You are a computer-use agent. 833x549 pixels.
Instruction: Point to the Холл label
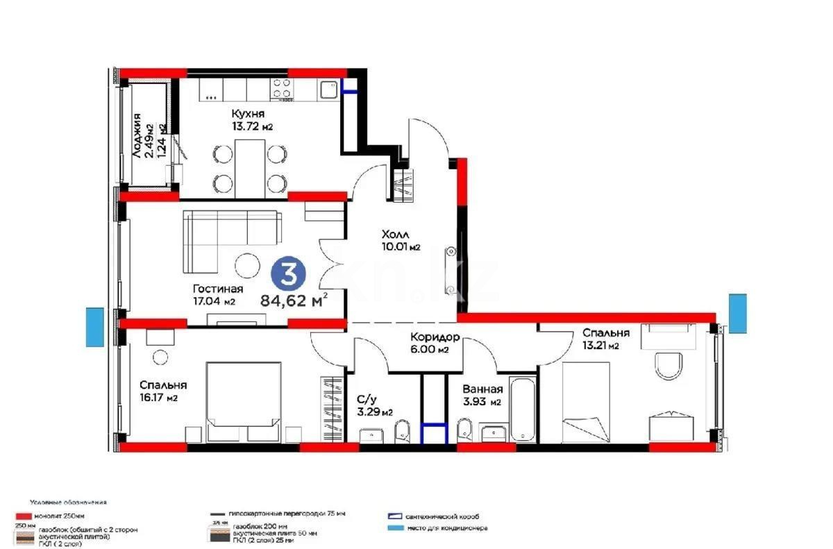(396, 235)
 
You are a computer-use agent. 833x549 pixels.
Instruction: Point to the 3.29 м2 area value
(374, 412)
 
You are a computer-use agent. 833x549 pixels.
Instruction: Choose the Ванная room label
(482, 389)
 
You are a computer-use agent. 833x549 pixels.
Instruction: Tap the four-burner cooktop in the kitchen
(281, 88)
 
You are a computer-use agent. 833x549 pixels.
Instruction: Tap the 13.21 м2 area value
(600, 346)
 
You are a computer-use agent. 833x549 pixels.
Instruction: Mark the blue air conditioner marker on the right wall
(737, 312)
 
